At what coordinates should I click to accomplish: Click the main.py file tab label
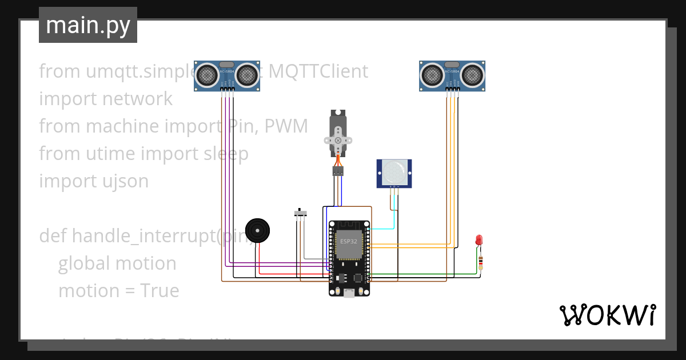87,25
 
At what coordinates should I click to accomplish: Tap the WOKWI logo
607,315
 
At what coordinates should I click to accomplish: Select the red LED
479,240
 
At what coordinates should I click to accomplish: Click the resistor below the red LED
480,262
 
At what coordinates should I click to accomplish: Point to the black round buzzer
257,231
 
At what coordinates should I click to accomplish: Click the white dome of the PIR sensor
394,171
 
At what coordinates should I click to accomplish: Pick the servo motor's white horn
338,140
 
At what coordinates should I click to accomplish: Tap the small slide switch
300,213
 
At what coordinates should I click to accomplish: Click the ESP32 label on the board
349,241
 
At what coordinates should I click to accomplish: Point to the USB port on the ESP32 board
349,292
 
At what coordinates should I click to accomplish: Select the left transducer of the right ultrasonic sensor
432,74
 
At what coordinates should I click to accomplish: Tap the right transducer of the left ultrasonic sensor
247,74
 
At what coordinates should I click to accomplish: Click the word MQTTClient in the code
318,71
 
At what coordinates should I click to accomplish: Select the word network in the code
138,99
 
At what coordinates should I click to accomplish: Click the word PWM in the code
286,126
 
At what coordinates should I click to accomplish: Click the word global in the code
84,263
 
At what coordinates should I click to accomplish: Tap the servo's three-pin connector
338,170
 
